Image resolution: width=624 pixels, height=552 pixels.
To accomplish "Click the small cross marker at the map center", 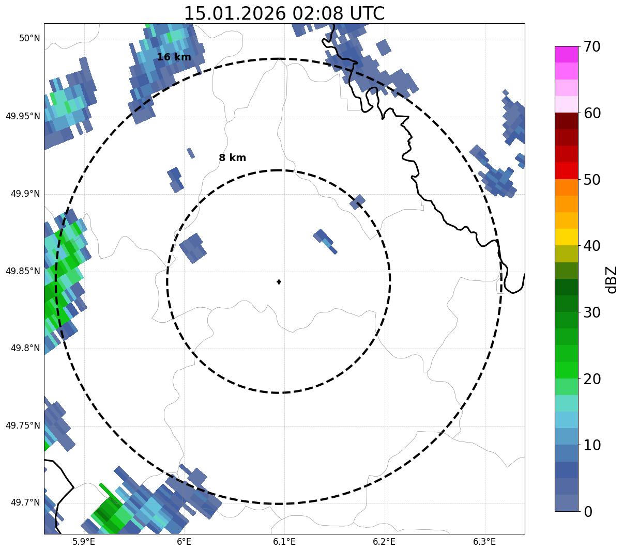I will (279, 282).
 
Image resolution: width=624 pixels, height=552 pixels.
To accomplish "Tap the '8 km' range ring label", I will (232, 158).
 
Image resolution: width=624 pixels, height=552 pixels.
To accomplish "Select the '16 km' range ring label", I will (174, 57).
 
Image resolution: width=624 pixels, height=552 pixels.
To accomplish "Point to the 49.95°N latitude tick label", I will (23, 116).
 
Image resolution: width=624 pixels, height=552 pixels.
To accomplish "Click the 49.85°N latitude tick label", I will (23, 271).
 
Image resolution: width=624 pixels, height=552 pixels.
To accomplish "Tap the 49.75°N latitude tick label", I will (23, 425).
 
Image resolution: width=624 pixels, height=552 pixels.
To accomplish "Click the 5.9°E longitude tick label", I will (84, 542).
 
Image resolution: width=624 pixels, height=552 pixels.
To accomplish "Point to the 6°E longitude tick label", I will (184, 542).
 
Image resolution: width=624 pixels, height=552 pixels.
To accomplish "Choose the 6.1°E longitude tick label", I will (284, 542).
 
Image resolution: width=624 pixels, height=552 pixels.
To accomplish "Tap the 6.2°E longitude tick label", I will (384, 542).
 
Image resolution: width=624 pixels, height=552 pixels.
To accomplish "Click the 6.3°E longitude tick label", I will (484, 542).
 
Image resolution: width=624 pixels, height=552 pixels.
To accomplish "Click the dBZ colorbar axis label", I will (612, 279).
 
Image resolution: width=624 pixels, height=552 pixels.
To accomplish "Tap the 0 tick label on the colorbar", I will (588, 512).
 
